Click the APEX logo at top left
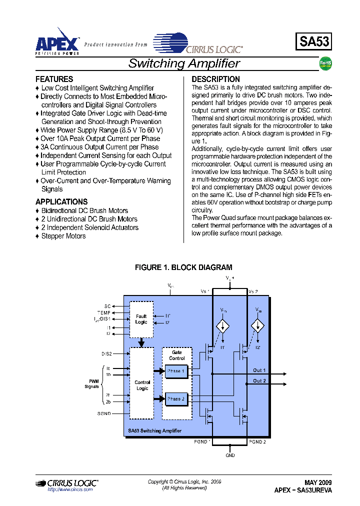tap(57, 41)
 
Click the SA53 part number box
tap(314, 41)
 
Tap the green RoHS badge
tap(325, 63)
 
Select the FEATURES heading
tap(54, 79)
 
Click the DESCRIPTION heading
tap(215, 79)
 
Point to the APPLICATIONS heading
tap(61, 201)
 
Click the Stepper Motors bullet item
tap(63, 236)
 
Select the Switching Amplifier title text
tap(184, 63)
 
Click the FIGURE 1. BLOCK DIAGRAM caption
tap(183, 267)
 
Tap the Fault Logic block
tap(141, 319)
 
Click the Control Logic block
tap(142, 385)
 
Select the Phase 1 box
tap(176, 371)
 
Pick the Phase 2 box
tap(176, 399)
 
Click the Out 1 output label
tap(259, 370)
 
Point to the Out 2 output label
tap(259, 381)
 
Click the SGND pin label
tap(104, 413)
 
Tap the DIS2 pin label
tap(106, 353)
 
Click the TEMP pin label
tap(104, 312)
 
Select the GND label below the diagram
tap(230, 455)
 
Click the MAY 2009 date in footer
tap(318, 482)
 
